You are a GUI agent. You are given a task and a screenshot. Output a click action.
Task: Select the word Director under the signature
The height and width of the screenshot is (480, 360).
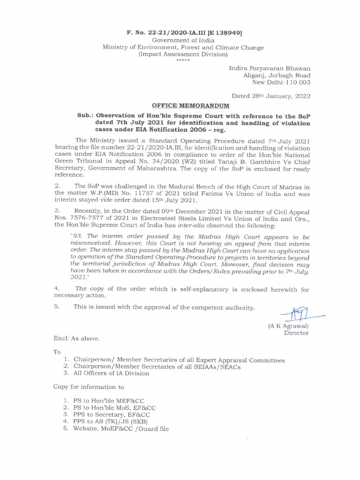coord(296,333)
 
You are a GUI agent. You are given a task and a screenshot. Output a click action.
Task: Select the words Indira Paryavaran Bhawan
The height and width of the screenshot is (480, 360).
coord(269,68)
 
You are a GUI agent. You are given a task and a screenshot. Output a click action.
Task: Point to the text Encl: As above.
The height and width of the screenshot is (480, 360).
coord(76,338)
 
